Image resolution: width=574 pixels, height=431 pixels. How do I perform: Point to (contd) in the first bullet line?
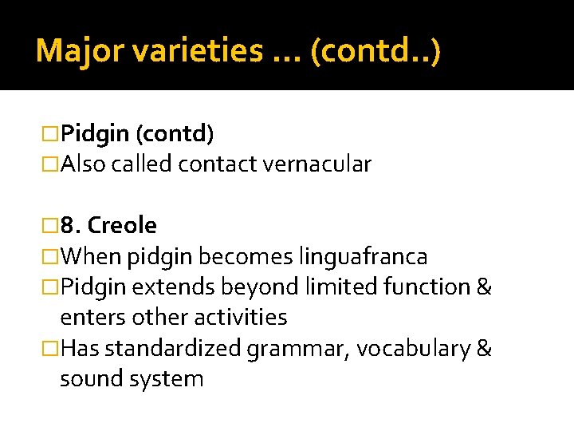click(x=175, y=133)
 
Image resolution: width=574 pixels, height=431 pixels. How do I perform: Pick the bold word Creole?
click(x=122, y=226)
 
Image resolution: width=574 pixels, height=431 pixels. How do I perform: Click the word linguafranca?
click(x=363, y=257)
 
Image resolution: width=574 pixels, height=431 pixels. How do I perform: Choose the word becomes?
click(x=246, y=257)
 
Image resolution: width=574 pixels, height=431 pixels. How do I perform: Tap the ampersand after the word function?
click(x=483, y=287)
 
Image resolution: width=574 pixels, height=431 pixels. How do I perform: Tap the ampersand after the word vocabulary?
click(x=483, y=349)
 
